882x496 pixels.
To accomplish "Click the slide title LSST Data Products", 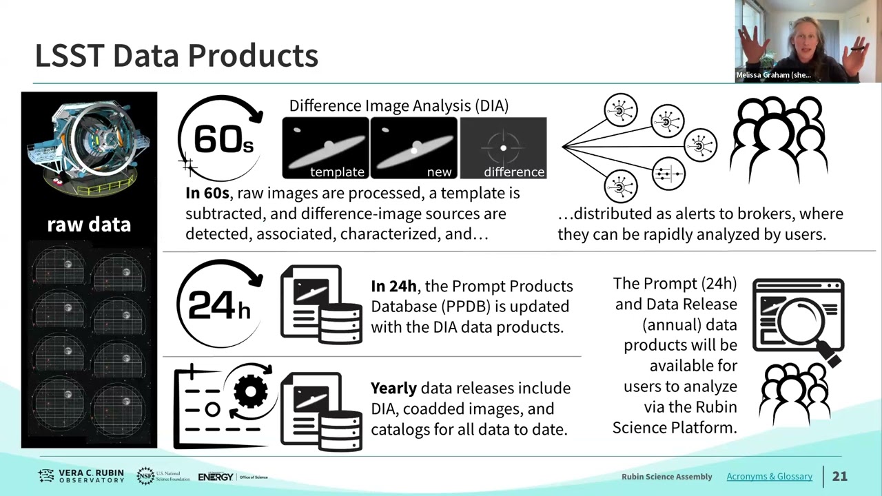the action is pos(176,56).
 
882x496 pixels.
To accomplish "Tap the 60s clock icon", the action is pos(220,138).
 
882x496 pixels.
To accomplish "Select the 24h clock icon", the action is pos(220,303).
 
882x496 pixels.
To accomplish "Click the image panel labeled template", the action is pos(326,147).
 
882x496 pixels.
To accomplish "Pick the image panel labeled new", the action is pos(414,147).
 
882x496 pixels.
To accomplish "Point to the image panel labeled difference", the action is pos(503,147).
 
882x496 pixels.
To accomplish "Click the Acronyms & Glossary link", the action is pos(770,476).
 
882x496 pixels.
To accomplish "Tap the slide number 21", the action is pos(839,476).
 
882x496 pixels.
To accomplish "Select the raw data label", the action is pos(89,225).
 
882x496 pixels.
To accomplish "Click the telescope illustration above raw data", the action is pos(89,149).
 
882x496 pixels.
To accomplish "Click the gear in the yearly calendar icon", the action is pos(250,391).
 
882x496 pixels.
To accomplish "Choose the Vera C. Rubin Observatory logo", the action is pos(81,476).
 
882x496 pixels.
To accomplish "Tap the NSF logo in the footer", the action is pos(163,476).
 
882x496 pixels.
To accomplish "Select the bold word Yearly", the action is pos(393,389).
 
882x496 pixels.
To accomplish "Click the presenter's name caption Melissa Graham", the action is pos(773,75).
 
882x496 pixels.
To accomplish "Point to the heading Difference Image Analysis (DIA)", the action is pos(399,106).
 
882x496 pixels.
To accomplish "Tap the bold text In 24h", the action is pos(393,286).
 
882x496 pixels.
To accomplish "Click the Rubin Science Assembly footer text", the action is pos(666,477).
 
